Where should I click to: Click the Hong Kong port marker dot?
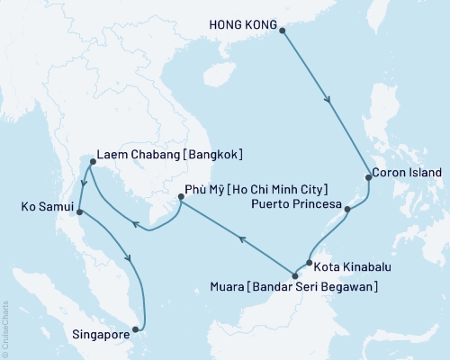[283, 31]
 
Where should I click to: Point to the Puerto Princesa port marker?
[347, 208]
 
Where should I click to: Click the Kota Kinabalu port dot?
[308, 264]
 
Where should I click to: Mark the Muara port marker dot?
[294, 275]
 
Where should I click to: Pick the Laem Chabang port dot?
[93, 163]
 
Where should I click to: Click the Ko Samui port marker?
[80, 212]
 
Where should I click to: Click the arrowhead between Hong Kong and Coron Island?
[331, 102]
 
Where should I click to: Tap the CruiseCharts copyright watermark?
[6, 329]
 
